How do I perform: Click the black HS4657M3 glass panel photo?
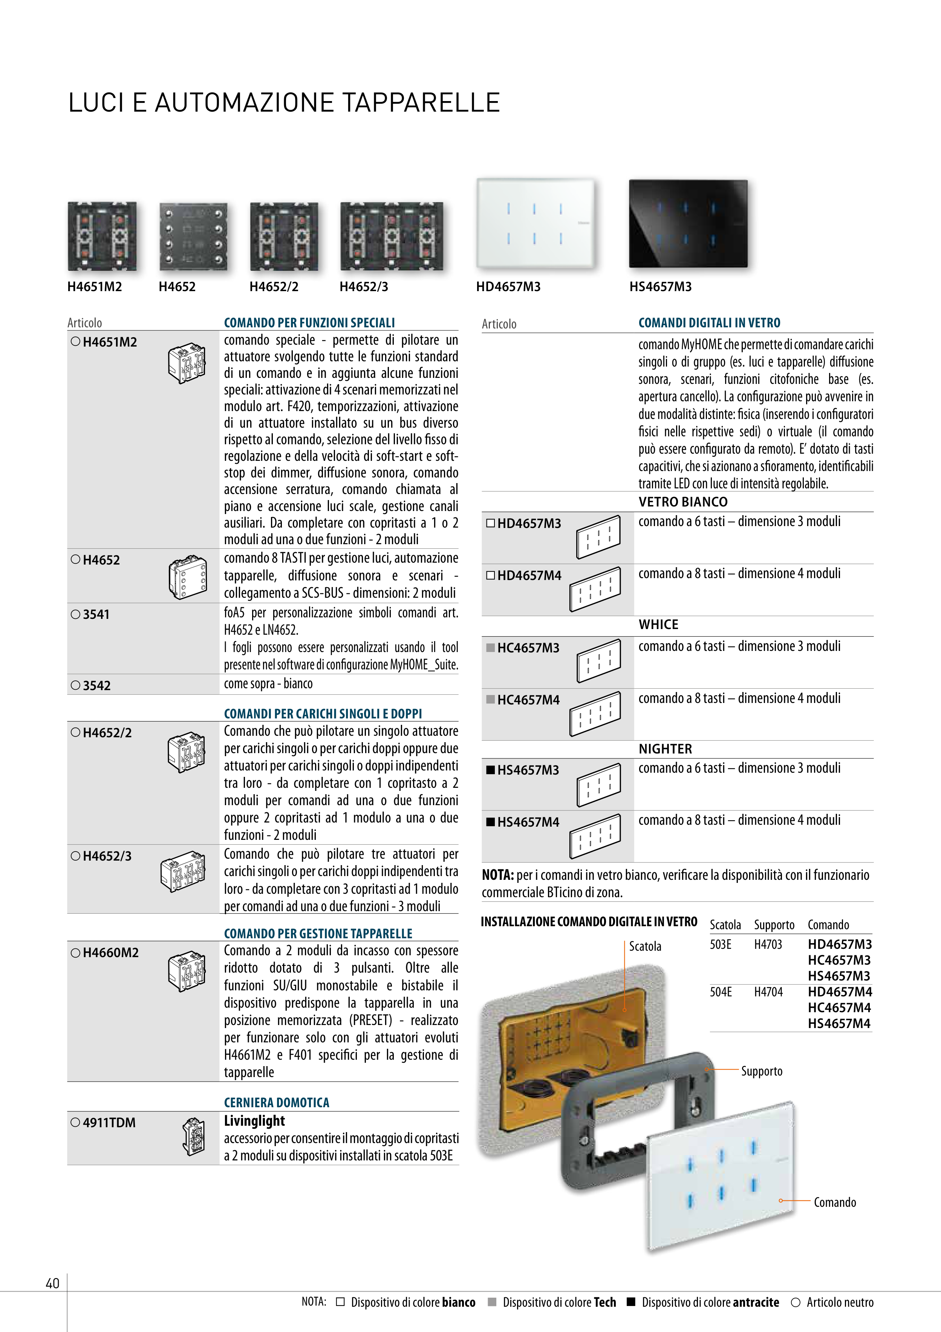coord(688,223)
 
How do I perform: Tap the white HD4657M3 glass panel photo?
coord(535,223)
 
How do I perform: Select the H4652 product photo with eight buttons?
coord(193,236)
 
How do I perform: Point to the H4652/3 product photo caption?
coord(364,287)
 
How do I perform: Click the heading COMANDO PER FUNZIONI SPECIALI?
coord(309,322)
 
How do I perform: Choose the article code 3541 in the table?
coord(96,614)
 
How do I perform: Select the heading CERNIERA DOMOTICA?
coord(277,1102)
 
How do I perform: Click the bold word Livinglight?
coord(254,1121)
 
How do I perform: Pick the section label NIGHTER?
coord(665,749)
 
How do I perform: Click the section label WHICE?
coord(658,624)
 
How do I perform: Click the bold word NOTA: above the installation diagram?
coord(497,875)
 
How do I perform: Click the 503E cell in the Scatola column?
coord(720,944)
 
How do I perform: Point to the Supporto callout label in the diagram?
coord(761,1071)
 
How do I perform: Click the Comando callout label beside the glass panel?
coord(834,1202)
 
